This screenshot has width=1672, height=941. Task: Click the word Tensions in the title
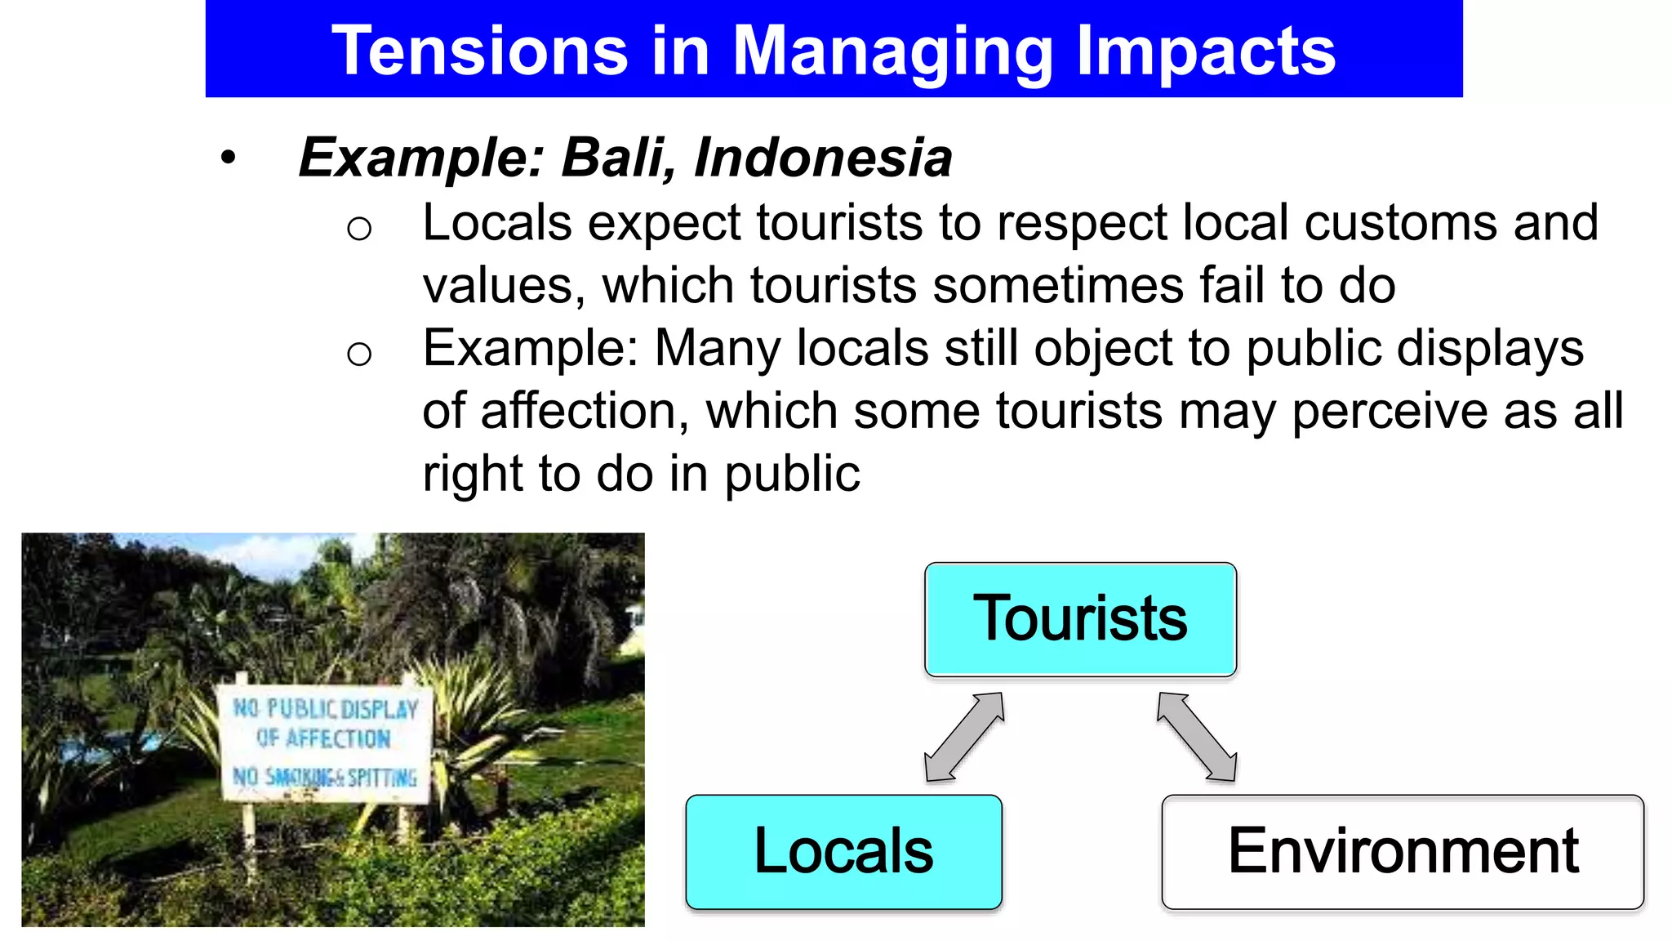coord(479,51)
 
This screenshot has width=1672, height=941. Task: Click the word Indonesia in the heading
coord(823,157)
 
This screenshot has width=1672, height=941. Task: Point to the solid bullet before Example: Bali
coord(228,158)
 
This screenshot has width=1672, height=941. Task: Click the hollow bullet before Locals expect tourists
coord(359,228)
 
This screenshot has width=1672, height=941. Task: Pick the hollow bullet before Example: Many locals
coord(359,354)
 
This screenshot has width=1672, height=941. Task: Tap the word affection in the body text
coord(579,411)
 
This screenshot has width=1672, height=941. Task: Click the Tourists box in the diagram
coord(1080,619)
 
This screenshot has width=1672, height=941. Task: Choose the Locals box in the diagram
coord(843,851)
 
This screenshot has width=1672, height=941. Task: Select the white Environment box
coord(1403,851)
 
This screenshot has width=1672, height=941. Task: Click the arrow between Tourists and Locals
coord(963,737)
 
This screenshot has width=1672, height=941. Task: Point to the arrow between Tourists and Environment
coord(1197,737)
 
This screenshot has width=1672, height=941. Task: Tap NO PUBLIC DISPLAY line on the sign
coord(325,708)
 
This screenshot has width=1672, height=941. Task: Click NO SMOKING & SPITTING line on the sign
coord(325,777)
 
